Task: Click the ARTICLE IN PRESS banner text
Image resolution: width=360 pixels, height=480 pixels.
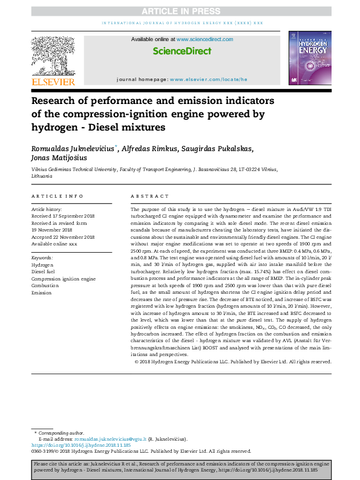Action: tap(180, 11)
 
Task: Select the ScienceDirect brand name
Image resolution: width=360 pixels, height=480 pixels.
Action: tap(182, 51)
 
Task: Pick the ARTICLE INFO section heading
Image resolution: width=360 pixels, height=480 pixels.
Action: tap(57, 196)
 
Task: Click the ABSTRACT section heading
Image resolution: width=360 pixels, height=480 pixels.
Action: tap(150, 196)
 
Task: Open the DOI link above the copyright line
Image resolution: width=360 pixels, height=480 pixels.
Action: tap(73, 445)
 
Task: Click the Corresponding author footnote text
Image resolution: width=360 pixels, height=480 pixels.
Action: tap(61, 433)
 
